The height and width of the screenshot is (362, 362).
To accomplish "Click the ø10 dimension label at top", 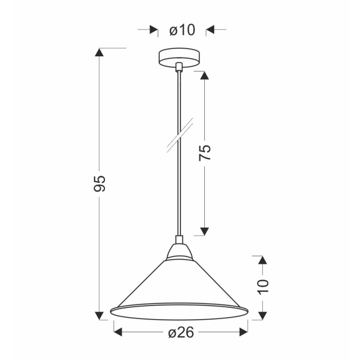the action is (182, 30).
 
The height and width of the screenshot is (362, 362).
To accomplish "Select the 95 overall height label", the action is (99, 184).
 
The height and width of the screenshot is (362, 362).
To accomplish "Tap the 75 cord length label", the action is (205, 153).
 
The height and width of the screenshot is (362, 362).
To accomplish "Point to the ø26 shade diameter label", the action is (181, 333).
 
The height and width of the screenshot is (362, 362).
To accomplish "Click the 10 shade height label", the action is (263, 287).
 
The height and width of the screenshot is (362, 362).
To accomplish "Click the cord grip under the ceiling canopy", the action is (179, 67).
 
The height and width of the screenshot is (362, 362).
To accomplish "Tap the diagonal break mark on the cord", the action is (180, 135).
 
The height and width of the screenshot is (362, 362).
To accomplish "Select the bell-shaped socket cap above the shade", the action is (179, 252).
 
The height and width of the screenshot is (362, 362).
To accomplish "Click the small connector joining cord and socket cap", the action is (179, 239).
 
